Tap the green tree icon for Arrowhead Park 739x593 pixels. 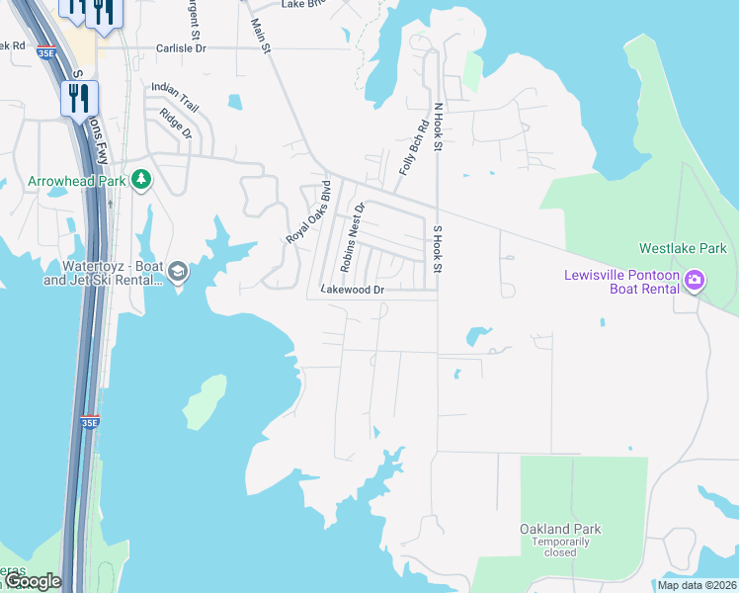[142, 179]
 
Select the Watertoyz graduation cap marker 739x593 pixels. [178, 272]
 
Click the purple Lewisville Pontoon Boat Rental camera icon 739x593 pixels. [695, 281]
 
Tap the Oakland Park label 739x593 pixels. [560, 529]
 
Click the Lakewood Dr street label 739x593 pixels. [352, 290]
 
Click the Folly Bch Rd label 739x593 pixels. [413, 148]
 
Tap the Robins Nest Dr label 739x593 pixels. [353, 237]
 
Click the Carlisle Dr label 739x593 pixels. [181, 47]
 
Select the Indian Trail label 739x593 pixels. [175, 89]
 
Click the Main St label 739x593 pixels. [260, 37]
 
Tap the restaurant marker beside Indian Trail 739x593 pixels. [79, 98]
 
